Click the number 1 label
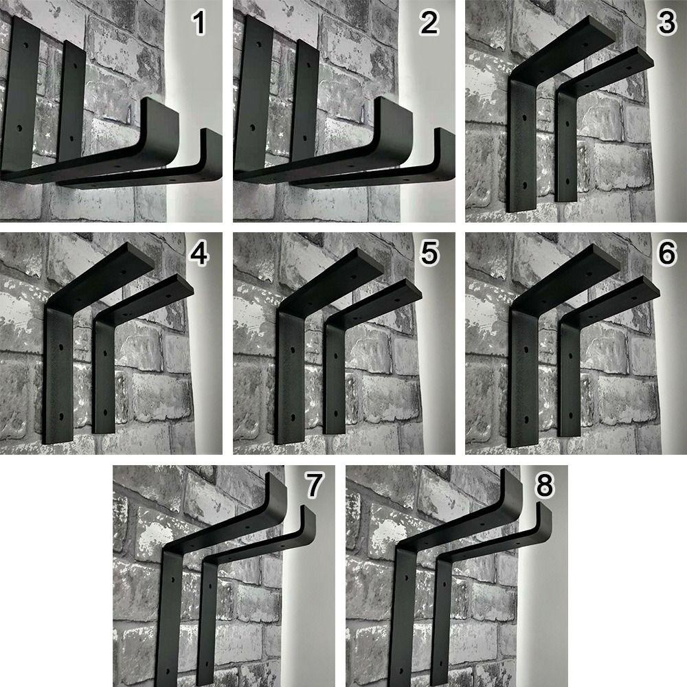(199, 23)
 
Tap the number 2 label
(429, 23)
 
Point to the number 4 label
(199, 254)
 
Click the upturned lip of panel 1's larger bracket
(161, 127)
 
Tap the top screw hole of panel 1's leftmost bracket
(25, 45)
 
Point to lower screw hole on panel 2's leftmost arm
(253, 128)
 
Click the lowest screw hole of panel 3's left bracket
(525, 185)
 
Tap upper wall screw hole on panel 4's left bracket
(61, 347)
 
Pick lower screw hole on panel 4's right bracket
(105, 412)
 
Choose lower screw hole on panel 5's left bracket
(292, 417)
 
